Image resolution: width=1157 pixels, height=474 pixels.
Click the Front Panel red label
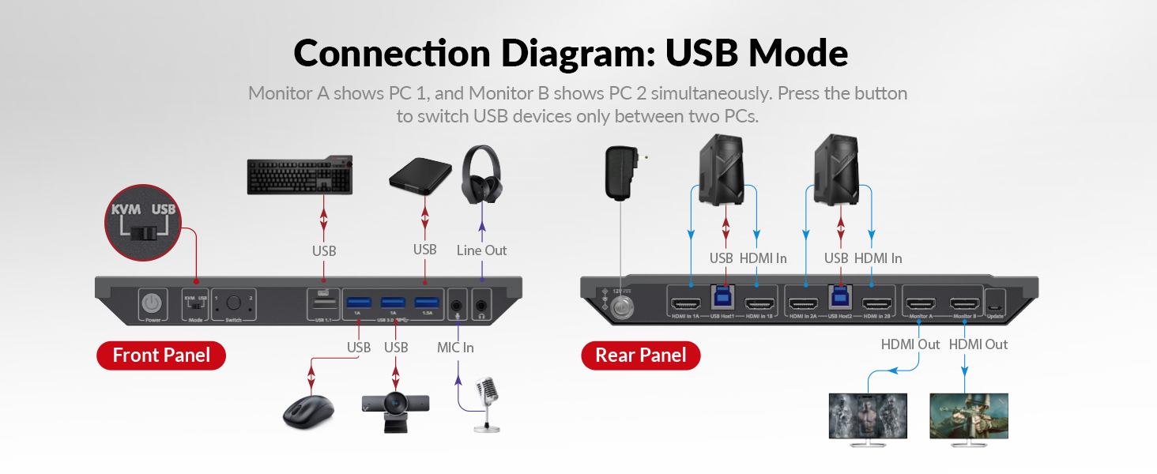pos(161,355)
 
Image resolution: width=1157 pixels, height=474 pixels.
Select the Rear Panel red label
pos(641,355)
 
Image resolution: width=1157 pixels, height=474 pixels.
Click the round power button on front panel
pos(151,303)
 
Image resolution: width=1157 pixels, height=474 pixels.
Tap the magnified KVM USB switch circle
pos(143,224)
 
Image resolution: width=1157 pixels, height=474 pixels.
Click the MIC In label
pos(455,348)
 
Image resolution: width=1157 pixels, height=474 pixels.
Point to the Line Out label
pos(481,250)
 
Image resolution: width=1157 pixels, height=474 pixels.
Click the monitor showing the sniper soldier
pos(969,416)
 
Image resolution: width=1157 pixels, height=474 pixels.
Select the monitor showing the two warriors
pos(867,416)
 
